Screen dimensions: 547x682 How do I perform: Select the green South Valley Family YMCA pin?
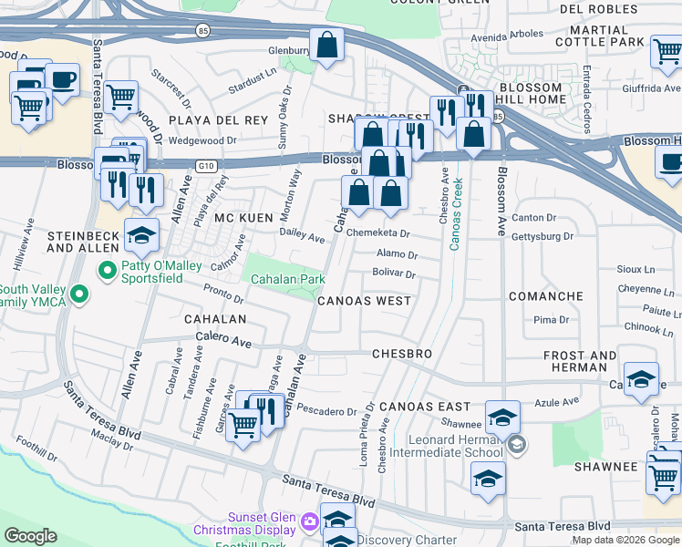point(80,294)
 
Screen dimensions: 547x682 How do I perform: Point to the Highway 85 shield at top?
point(201,30)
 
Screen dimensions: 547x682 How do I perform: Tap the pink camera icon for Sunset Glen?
point(309,521)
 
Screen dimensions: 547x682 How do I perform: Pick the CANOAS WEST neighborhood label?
point(364,300)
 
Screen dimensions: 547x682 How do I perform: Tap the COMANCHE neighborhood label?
point(545,296)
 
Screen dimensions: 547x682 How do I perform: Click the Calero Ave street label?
point(223,342)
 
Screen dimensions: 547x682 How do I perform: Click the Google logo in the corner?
point(30,536)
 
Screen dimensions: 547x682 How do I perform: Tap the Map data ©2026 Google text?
point(625,540)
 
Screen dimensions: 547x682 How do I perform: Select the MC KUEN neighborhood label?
point(243,219)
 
